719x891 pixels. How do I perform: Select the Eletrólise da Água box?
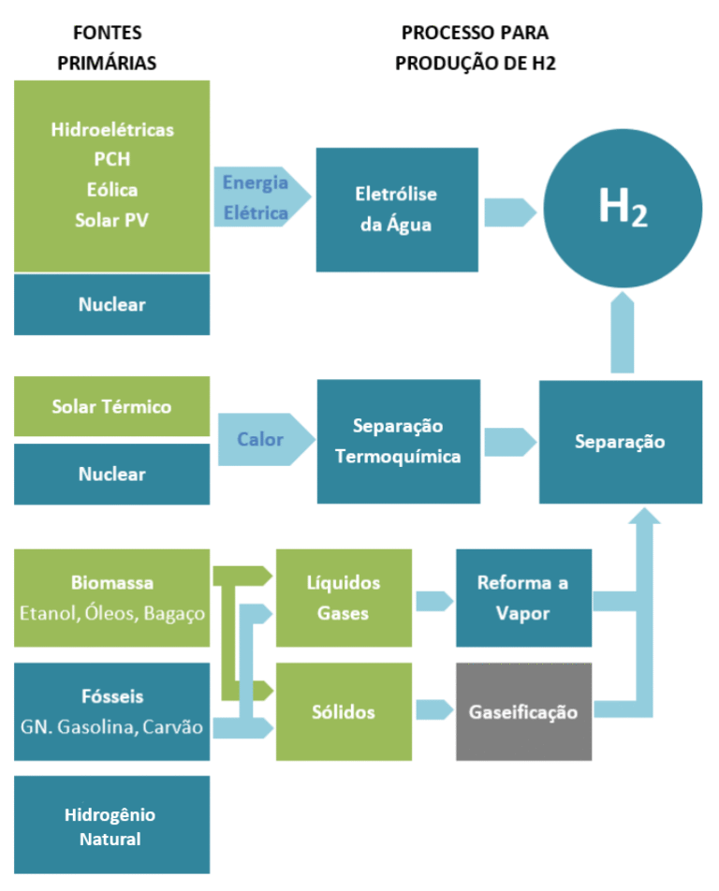coord(397,210)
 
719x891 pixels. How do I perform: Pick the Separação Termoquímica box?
coord(397,441)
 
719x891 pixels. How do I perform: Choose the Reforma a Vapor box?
coord(523,598)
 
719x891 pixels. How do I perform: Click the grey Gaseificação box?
coord(523,711)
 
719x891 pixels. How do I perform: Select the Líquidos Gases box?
coord(344,598)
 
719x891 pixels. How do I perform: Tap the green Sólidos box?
coord(344,711)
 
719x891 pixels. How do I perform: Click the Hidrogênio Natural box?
coord(111,825)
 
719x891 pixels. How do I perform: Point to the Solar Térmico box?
coord(111,406)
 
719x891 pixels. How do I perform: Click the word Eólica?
coord(111,190)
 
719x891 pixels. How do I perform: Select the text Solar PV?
coord(111,220)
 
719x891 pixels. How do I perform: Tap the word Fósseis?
coord(111,696)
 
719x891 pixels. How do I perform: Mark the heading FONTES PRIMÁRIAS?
coord(107,48)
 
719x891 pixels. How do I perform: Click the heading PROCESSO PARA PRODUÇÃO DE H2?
coord(475,48)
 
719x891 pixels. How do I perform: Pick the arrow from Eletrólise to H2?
coord(509,212)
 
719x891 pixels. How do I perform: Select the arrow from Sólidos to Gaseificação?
coord(433,710)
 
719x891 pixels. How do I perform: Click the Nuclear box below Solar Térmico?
coord(111,474)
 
